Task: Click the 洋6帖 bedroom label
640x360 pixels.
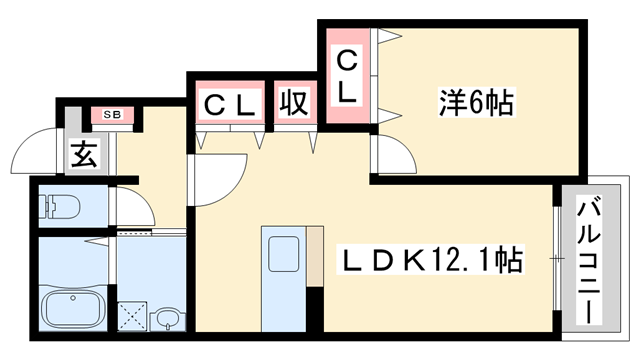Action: [475, 102]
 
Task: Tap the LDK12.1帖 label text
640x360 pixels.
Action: [432, 262]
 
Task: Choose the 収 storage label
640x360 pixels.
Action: [292, 103]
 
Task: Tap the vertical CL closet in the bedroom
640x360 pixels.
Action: [345, 76]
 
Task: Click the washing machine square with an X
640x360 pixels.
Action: [133, 317]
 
